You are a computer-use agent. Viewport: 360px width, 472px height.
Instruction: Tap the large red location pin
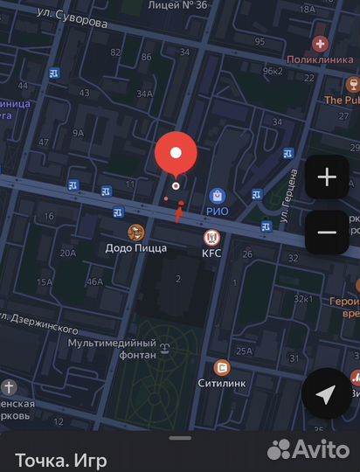click(x=176, y=154)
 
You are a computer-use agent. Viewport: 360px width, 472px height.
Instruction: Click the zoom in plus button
click(x=327, y=177)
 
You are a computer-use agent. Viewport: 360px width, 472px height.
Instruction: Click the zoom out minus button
click(x=327, y=232)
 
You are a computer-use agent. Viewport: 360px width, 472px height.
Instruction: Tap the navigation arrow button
click(x=326, y=395)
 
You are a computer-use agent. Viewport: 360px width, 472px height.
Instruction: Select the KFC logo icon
click(x=211, y=237)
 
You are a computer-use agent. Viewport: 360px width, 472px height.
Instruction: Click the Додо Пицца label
click(x=135, y=248)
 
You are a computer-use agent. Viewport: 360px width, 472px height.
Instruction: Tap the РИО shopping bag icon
click(x=217, y=196)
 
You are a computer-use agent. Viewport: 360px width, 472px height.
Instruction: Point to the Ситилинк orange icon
click(x=222, y=367)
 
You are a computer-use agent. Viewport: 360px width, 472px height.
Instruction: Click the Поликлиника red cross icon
click(x=321, y=43)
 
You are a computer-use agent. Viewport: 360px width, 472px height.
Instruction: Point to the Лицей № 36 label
click(x=178, y=5)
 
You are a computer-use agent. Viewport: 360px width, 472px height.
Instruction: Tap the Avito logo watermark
click(x=309, y=448)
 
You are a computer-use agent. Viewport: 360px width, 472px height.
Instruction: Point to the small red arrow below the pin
click(x=178, y=212)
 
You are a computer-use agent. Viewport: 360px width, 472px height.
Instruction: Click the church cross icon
click(x=9, y=386)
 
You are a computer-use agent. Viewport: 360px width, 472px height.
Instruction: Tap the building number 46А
click(x=94, y=281)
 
